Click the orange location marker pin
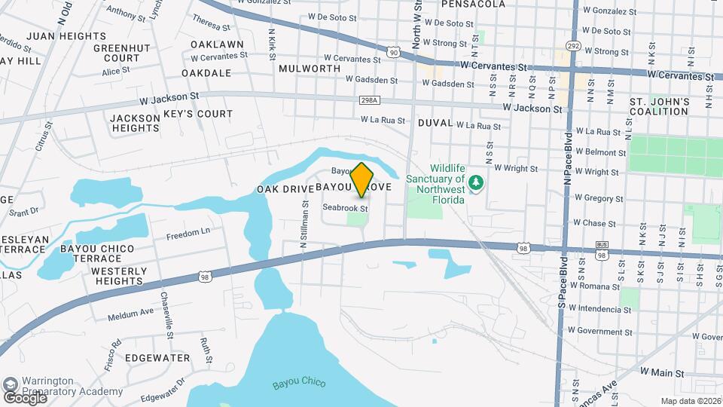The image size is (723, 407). [x=362, y=179]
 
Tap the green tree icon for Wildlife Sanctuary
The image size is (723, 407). [x=475, y=182]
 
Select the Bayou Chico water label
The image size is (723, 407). [x=299, y=384]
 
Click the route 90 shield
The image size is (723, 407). [x=394, y=51]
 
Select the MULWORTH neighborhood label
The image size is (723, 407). [x=310, y=68]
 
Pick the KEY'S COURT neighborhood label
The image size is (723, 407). [x=198, y=114]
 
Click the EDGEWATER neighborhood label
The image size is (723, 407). [x=157, y=357]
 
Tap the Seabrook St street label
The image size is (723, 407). [x=344, y=207]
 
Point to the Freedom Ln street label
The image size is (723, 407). [x=188, y=233]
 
